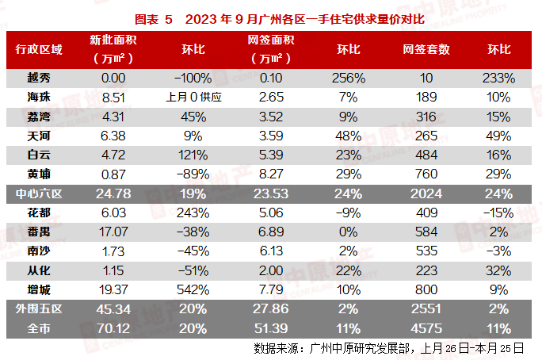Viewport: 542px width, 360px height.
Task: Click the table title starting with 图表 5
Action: pyautogui.click(x=270, y=17)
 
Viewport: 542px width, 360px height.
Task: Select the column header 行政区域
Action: pyautogui.click(x=39, y=49)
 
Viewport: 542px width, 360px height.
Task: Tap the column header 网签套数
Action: pyautogui.click(x=426, y=49)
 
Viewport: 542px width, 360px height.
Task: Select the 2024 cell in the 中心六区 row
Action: pyautogui.click(x=426, y=193)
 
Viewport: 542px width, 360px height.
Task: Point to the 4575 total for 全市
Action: pyautogui.click(x=426, y=328)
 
